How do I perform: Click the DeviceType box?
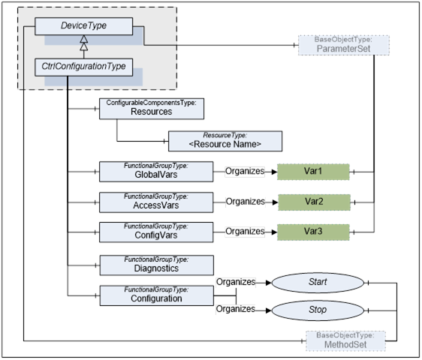tap(83, 26)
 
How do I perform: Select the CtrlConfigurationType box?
tap(83, 67)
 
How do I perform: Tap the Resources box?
tap(152, 109)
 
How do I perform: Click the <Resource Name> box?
tap(225, 141)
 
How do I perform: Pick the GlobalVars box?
tap(156, 172)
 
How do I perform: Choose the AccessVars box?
tap(156, 202)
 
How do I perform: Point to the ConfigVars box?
tap(156, 232)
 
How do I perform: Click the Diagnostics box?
tap(157, 265)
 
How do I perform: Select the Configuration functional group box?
tap(157, 295)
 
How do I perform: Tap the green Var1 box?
tap(313, 172)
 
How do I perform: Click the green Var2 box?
tap(314, 202)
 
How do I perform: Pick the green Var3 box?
tap(313, 232)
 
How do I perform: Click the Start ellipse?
tap(318, 283)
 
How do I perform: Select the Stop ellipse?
tap(318, 310)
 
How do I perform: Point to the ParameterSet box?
tap(344, 45)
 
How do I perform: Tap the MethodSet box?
tap(345, 340)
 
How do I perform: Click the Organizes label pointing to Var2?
tap(246, 202)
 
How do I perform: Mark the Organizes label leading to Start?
tap(236, 282)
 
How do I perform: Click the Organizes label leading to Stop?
tap(236, 309)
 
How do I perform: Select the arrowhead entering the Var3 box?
tap(274, 232)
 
